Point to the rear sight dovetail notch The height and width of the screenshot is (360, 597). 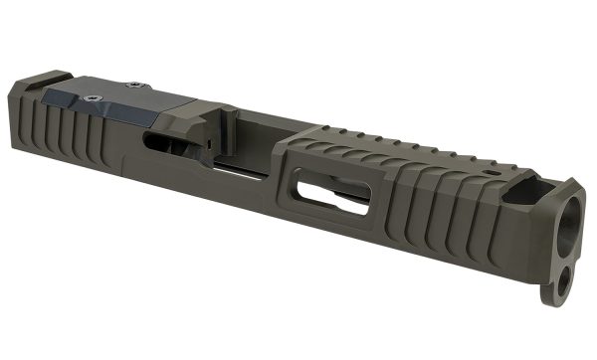(54, 80)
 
